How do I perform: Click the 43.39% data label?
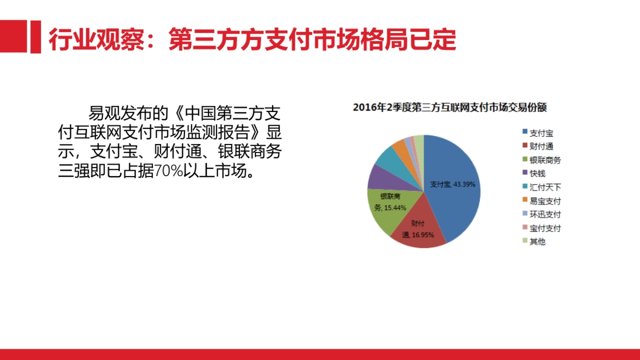464,185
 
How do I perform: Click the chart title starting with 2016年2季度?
451,108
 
